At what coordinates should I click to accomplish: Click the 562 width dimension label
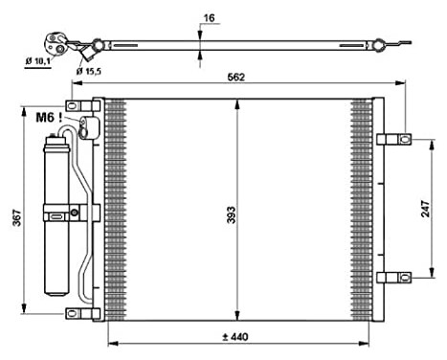tap(235, 78)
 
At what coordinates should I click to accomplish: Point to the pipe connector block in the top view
tap(57, 42)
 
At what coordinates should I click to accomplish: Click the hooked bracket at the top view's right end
tap(400, 43)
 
